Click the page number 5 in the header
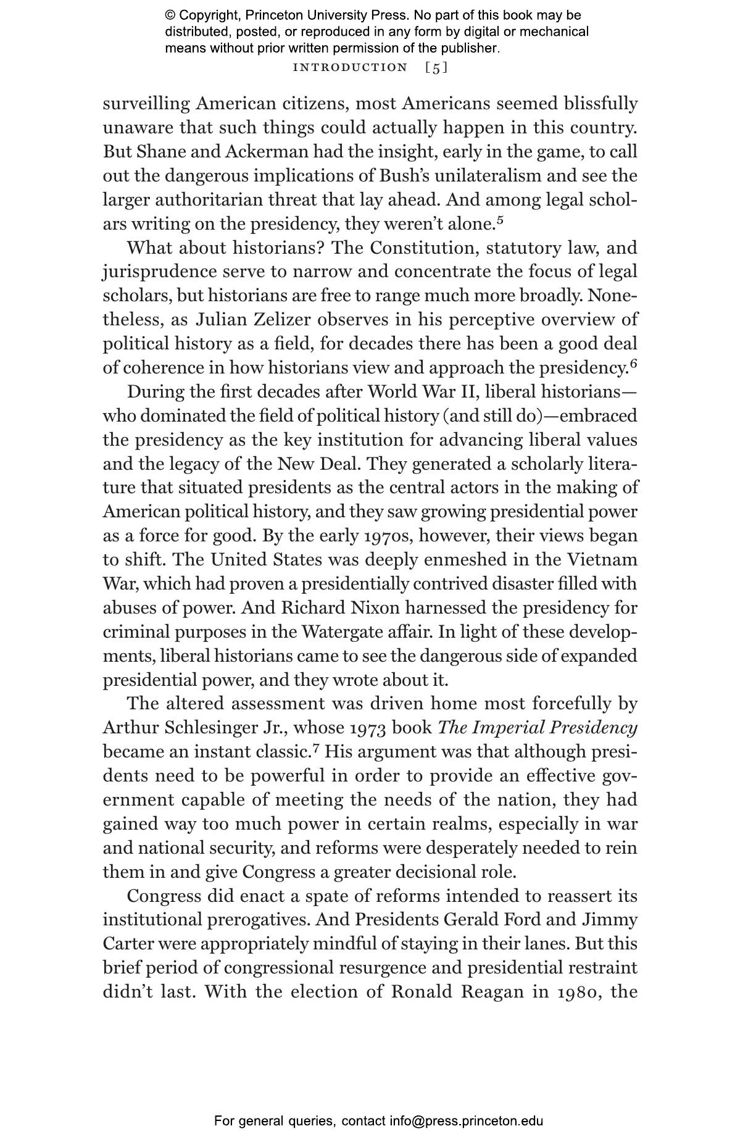[x=436, y=69]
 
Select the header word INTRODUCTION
[x=350, y=68]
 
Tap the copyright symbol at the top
[x=170, y=15]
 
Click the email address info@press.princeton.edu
[x=466, y=1121]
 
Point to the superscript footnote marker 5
[x=501, y=219]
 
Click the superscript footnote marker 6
[x=633, y=363]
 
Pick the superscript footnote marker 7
[x=316, y=748]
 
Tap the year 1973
[x=368, y=728]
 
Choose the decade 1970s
[x=388, y=536]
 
